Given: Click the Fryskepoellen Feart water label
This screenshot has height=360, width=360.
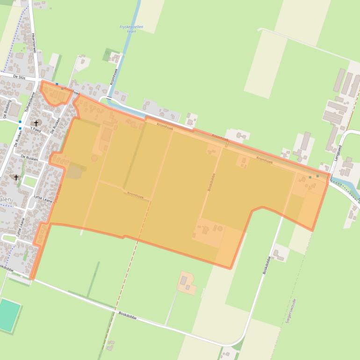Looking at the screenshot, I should pos(131,29).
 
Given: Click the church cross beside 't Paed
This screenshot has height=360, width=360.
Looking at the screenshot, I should pos(36,122).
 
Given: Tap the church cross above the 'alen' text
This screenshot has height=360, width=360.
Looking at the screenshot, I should pos(16,178).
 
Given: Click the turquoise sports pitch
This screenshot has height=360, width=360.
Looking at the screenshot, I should pos(9,315).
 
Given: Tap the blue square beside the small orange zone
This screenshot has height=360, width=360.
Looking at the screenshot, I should pos(57,84).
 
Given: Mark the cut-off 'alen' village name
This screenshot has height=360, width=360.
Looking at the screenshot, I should pos(6,199).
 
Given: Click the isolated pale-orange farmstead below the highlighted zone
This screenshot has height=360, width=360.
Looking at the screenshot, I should pos(187,283).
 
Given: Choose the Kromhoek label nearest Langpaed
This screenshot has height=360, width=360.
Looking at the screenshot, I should pos(264,159).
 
